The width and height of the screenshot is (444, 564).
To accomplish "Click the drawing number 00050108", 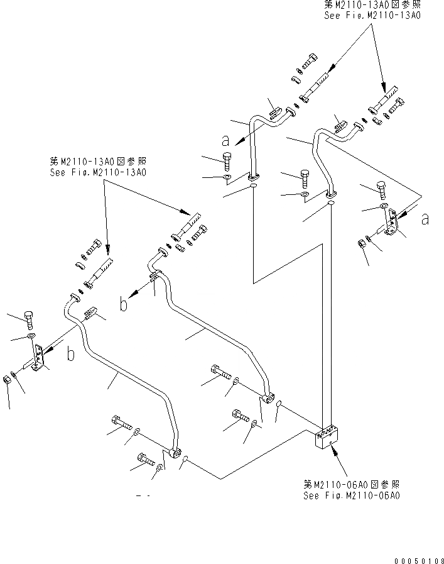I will click(420, 557).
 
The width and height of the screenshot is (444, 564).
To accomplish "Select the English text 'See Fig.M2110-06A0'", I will click(351, 495).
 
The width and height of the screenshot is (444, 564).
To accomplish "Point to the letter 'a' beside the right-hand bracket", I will click(425, 219).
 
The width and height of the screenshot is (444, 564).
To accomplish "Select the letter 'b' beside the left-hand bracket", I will click(71, 355).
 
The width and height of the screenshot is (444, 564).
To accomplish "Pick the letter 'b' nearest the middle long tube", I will click(124, 305).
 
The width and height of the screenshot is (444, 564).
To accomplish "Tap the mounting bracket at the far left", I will click(38, 358).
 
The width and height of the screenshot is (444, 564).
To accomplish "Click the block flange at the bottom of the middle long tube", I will click(268, 397).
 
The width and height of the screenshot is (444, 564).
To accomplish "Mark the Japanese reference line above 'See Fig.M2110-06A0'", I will click(351, 485).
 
